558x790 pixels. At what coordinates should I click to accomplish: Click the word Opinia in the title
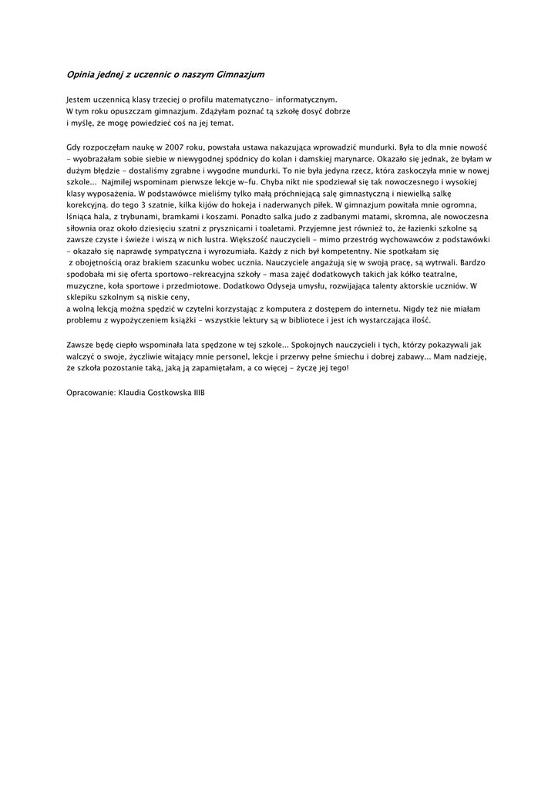[x=81, y=75]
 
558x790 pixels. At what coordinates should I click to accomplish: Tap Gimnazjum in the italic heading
[x=240, y=75]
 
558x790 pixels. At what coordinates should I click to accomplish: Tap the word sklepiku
[x=84, y=297]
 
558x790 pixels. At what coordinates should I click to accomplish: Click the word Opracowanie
[x=91, y=392]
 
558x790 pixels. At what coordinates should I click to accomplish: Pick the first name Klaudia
[x=134, y=392]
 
